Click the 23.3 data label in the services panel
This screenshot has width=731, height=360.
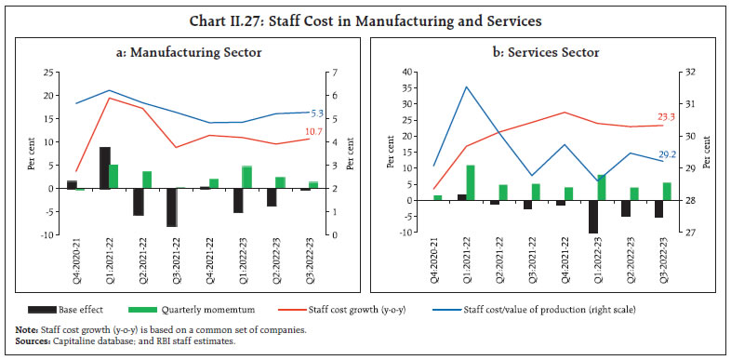point(667,116)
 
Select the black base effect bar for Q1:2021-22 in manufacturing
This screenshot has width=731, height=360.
point(106,167)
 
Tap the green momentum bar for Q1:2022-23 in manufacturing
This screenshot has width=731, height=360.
point(247,177)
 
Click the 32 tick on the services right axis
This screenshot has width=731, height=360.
point(710,73)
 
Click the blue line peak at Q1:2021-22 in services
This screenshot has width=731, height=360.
point(466,87)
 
